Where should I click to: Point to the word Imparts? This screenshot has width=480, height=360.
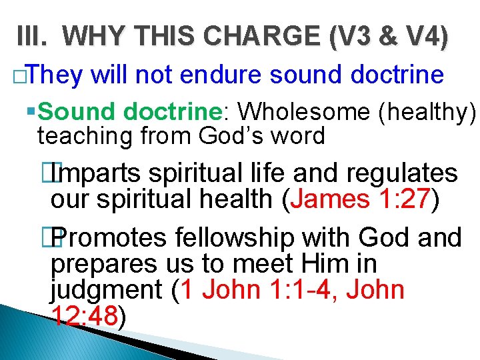pos(99,173)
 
